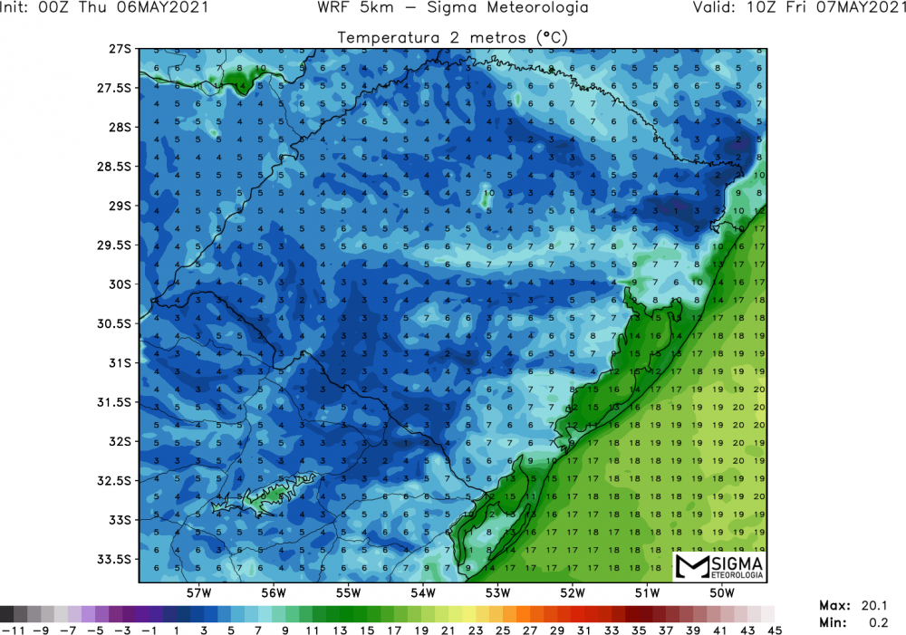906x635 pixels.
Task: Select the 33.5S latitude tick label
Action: click(115, 559)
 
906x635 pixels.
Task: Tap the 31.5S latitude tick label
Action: click(115, 402)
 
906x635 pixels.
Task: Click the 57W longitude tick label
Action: click(199, 593)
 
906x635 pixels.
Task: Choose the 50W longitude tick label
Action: click(721, 593)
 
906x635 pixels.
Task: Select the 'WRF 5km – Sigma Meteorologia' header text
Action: click(453, 8)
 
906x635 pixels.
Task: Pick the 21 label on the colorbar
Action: click(447, 628)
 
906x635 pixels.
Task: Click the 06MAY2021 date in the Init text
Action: click(170, 8)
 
